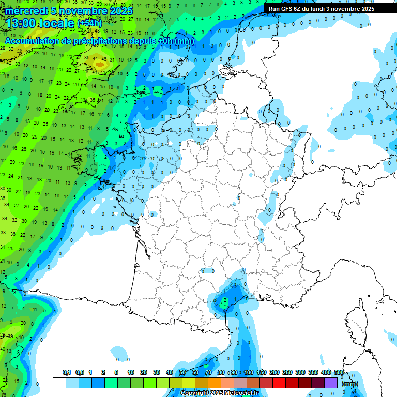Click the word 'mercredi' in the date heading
tap(26, 10)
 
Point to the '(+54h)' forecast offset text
tap(89, 23)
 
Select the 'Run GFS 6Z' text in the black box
tap(285, 9)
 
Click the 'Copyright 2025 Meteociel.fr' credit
tap(219, 393)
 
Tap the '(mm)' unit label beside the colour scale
tap(350, 384)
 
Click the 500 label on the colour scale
tap(339, 372)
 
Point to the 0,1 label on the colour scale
tap(66, 372)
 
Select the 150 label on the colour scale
tap(262, 372)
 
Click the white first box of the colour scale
tap(59, 383)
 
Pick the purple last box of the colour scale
tap(331, 383)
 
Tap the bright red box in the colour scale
tap(279, 383)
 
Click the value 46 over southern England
tap(104, 59)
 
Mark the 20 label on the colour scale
tap(144, 372)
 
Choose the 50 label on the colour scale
tap(182, 372)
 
